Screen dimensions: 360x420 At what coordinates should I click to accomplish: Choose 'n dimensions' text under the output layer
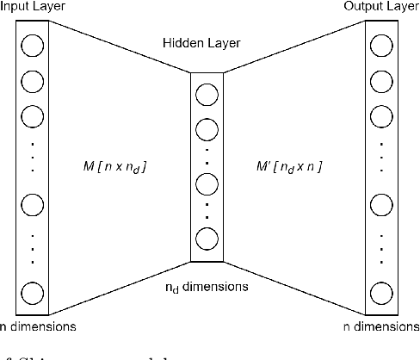point(380,326)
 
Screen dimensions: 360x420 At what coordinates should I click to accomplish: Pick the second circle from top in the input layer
point(33,82)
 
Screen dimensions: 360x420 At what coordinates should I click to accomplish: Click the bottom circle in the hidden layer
point(207,239)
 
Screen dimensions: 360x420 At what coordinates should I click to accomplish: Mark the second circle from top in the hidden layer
point(207,130)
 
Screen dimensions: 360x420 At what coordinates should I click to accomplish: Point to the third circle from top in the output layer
point(380,115)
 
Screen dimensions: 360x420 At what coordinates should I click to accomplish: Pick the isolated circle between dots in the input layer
point(33,204)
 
